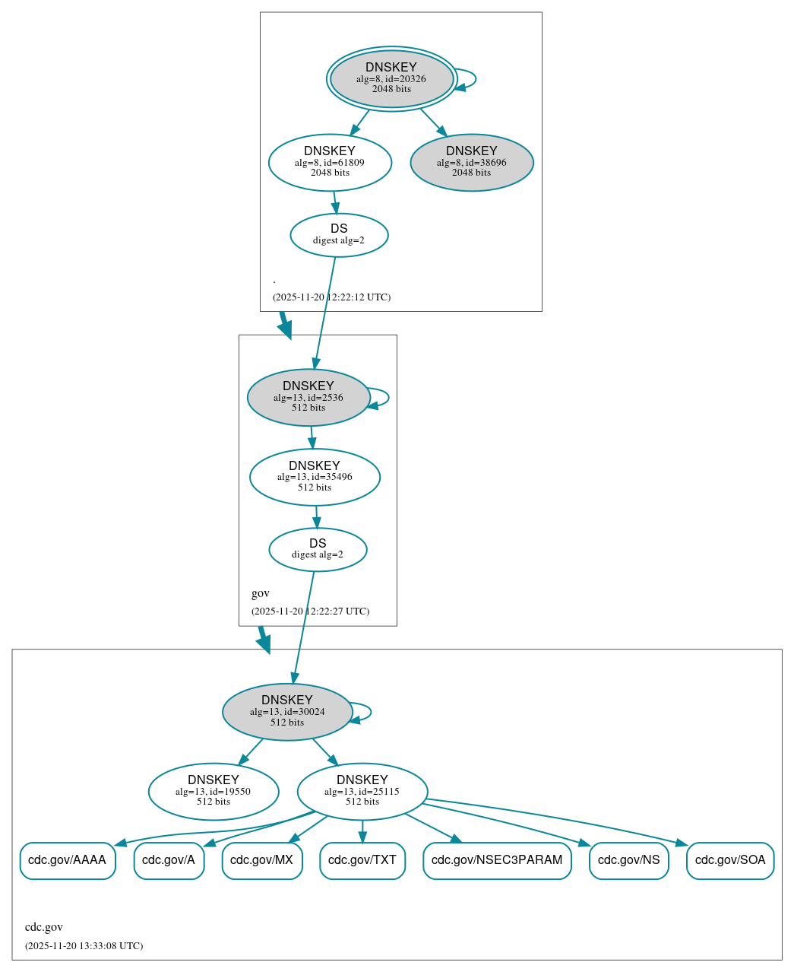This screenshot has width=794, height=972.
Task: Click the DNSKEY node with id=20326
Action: (x=391, y=79)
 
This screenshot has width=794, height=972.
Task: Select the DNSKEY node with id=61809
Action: (x=330, y=162)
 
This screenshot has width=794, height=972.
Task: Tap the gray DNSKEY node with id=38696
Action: (x=471, y=162)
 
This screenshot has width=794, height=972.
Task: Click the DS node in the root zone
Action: (x=339, y=235)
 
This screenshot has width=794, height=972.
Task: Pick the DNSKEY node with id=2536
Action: (x=308, y=397)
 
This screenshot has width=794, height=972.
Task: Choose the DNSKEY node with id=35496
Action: (x=315, y=477)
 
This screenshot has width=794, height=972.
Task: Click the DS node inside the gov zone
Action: (x=318, y=549)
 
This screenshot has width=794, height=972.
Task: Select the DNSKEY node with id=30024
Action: (x=287, y=711)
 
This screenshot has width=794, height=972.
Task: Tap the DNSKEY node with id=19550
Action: (x=214, y=791)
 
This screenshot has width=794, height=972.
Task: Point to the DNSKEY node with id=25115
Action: (x=362, y=791)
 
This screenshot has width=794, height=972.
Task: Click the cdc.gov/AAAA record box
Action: (x=68, y=860)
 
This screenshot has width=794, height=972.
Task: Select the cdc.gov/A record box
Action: (x=169, y=860)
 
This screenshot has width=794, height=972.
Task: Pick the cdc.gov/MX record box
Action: (x=262, y=860)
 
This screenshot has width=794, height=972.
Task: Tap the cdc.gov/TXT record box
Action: (x=362, y=860)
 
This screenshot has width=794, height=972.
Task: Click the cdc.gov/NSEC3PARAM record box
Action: (x=497, y=860)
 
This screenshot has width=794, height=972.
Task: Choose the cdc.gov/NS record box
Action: (x=629, y=860)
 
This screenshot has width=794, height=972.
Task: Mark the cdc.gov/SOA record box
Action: (x=730, y=860)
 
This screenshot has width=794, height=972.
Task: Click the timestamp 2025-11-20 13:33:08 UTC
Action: (x=84, y=946)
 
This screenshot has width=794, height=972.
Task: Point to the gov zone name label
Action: (x=261, y=593)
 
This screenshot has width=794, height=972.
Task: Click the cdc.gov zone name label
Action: (x=44, y=927)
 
